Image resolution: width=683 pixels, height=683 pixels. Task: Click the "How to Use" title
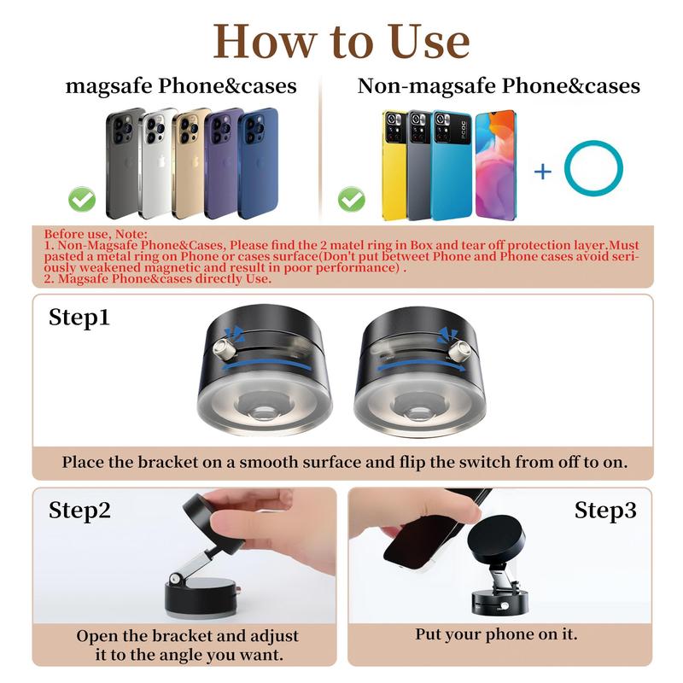[341, 40]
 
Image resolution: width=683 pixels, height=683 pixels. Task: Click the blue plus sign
[543, 171]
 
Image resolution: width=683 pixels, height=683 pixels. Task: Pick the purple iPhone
[224, 162]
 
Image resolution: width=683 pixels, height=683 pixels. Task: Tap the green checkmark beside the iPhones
[82, 201]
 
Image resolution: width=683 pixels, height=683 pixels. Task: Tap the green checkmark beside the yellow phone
[351, 201]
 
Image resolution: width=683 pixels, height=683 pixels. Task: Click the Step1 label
[79, 318]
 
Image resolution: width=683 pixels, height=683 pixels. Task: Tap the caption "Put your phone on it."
[496, 634]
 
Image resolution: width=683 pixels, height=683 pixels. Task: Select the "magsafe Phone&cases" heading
[182, 86]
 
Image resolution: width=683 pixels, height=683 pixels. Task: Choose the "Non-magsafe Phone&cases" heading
[499, 86]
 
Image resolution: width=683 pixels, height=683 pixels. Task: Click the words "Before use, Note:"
[96, 234]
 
